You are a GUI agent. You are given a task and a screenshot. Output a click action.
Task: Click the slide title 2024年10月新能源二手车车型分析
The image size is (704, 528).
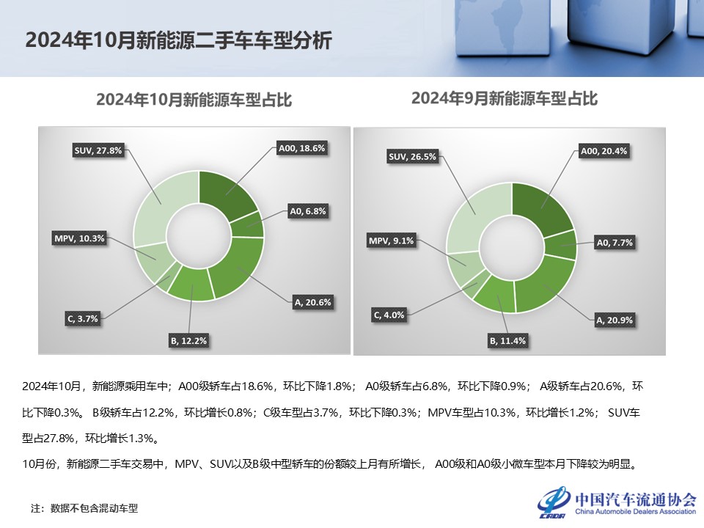click(x=178, y=40)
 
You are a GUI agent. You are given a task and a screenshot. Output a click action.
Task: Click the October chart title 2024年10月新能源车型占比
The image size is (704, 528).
click(x=194, y=100)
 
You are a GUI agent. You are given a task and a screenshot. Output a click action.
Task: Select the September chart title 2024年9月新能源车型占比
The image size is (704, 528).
click(x=505, y=98)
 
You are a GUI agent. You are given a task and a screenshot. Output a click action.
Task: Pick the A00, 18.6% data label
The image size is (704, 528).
click(x=301, y=148)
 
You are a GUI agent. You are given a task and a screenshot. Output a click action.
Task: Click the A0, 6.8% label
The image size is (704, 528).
click(x=308, y=211)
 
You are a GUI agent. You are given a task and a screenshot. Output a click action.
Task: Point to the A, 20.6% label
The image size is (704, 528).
click(x=311, y=301)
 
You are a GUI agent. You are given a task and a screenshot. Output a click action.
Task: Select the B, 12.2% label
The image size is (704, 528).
click(x=190, y=340)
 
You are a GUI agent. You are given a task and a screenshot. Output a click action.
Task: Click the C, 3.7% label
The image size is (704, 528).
click(x=82, y=319)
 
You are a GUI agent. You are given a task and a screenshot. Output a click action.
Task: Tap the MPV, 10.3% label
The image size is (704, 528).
click(x=79, y=238)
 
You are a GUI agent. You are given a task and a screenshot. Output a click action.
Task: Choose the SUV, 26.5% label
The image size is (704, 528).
click(x=412, y=156)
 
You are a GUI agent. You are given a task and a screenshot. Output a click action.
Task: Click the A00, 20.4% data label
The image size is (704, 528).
click(x=604, y=152)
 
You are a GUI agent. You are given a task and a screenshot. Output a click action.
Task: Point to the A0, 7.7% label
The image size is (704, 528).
click(x=615, y=242)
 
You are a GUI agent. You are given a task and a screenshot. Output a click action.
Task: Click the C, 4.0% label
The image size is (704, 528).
click(x=389, y=315)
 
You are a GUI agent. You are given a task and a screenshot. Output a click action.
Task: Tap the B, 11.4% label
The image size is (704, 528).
click(x=507, y=341)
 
